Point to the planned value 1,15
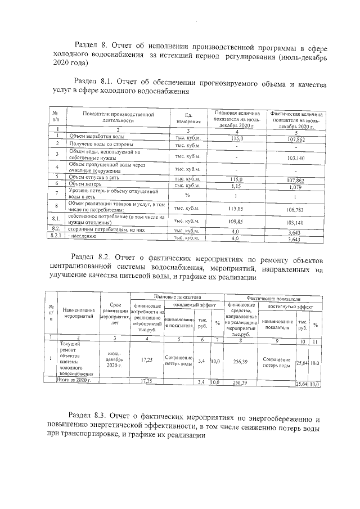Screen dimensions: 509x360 [236, 184]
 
